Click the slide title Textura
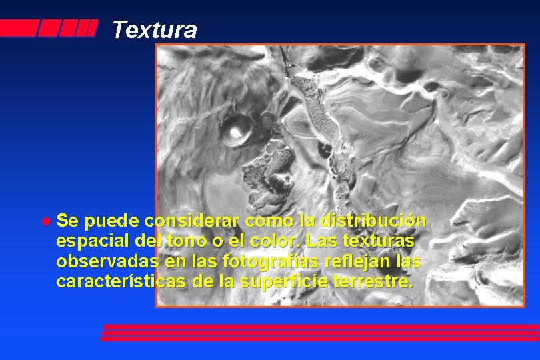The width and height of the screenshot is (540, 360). coord(154,30)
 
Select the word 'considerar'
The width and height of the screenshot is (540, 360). coord(193,221)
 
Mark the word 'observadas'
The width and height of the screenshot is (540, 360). coord(107,261)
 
